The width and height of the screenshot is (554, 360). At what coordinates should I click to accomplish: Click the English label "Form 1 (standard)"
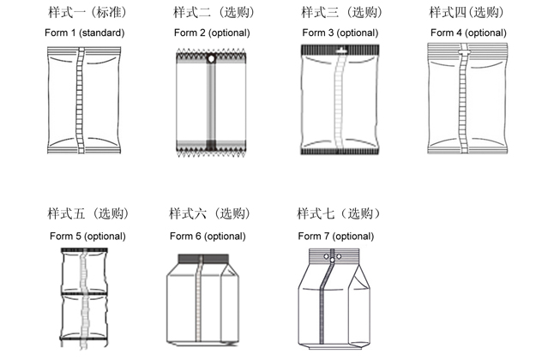pos(84,33)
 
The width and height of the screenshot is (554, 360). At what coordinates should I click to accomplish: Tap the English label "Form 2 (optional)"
pos(212,33)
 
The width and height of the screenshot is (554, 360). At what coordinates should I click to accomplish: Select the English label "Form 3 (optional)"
pos(340,33)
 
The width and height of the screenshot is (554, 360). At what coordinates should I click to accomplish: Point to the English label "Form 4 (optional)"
pos(468,33)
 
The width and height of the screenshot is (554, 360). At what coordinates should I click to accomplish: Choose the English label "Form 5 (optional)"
pos(87,236)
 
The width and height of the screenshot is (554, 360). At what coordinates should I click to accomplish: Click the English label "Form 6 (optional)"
pos(208,236)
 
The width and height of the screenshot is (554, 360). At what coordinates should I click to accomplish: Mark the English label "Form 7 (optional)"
pos(336,236)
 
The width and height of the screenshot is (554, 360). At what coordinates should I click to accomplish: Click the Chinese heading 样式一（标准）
pos(87,12)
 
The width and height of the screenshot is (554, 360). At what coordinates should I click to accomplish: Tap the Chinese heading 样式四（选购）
pos(467,12)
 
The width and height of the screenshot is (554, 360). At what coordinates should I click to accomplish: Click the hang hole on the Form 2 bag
pos(211,59)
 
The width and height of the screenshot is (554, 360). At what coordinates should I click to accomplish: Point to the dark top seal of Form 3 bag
pos(340,50)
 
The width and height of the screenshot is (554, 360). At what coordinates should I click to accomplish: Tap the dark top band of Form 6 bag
pos(203,259)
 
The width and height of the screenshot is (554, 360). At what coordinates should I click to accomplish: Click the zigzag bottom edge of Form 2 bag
pos(211,153)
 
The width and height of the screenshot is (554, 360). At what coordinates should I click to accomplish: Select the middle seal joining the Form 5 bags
pos(84,293)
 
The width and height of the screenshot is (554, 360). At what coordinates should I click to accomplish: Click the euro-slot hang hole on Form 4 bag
pos(464,52)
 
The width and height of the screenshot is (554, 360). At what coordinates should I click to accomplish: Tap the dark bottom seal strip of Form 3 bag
pos(340,152)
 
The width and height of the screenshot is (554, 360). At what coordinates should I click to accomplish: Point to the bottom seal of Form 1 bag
pos(84,150)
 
